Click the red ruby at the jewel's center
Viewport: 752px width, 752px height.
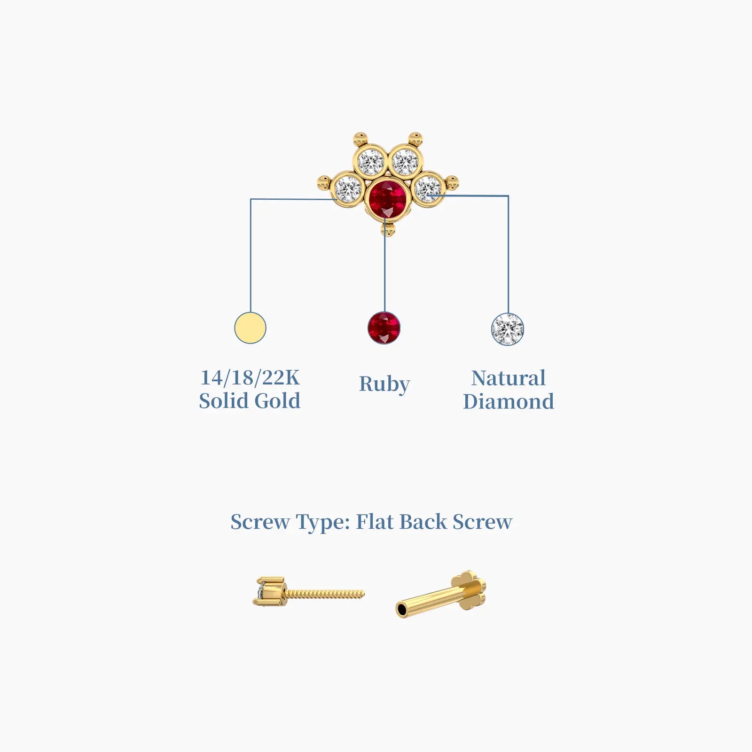[x=387, y=198]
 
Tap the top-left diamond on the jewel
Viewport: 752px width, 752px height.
[x=371, y=161]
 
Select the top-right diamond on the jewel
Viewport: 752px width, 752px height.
[x=405, y=161]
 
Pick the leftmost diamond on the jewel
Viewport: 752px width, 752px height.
[x=348, y=188]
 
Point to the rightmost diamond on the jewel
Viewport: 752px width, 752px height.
[x=428, y=188]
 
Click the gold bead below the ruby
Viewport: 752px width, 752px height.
[x=388, y=230]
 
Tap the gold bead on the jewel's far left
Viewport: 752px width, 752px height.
[x=324, y=182]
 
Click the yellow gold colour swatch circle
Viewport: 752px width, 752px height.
[x=250, y=328]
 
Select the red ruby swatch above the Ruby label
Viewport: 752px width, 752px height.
[x=384, y=328]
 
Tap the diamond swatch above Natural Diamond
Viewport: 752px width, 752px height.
[x=508, y=329]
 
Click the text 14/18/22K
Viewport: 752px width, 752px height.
[x=250, y=377]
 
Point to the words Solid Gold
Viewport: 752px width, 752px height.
[x=250, y=401]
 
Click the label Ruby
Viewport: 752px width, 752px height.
[x=384, y=384]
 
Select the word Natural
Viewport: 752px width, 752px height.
[x=509, y=378]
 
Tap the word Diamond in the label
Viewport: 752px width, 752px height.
[x=509, y=401]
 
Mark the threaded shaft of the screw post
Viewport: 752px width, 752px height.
[x=324, y=595]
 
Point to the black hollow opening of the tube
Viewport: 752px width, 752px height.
[x=402, y=611]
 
